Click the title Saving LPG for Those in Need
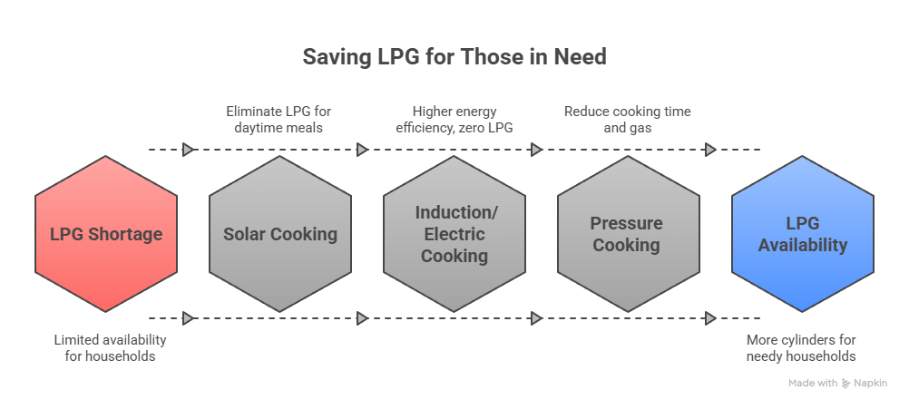point(454,57)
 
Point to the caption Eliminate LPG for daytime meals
point(279,120)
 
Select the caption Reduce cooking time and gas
point(627,120)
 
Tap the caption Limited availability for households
point(110,348)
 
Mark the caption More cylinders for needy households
point(801,348)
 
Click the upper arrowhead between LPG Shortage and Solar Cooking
point(188,150)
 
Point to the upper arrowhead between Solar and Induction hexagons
point(362,150)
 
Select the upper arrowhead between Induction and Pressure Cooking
point(536,150)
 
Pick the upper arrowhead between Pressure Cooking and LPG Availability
point(710,150)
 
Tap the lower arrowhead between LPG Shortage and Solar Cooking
point(188,318)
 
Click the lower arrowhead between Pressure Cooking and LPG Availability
point(710,318)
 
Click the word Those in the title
point(489,57)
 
